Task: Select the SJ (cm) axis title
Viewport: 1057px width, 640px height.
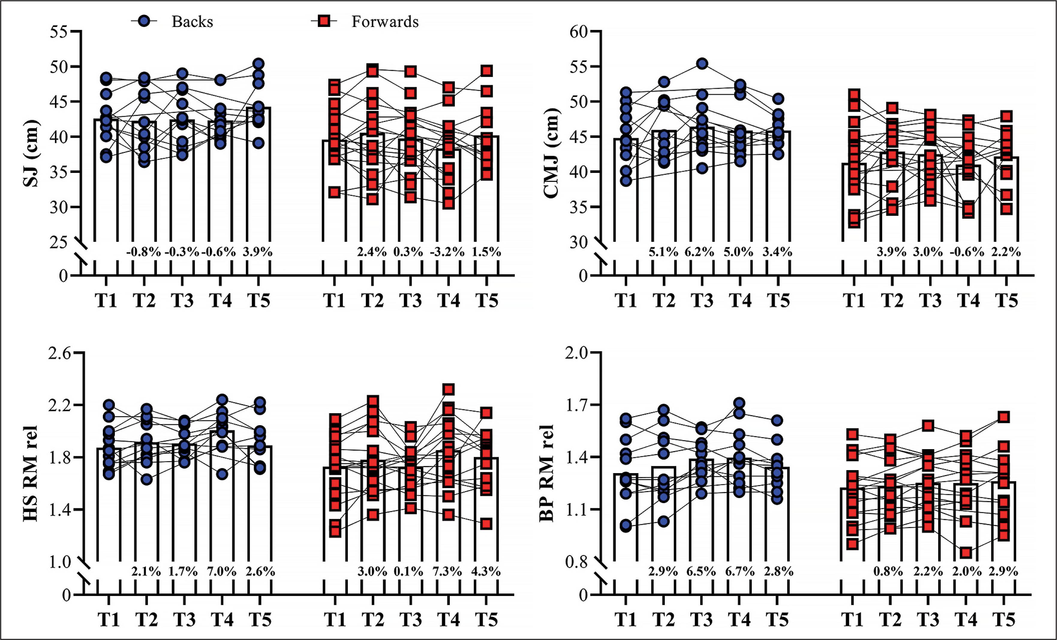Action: (31, 153)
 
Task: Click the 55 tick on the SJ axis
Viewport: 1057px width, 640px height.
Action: (59, 32)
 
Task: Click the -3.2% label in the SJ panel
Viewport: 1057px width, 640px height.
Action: (447, 252)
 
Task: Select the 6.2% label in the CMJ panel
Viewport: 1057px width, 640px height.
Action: (700, 252)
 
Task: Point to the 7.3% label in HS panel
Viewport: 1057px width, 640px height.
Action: (447, 571)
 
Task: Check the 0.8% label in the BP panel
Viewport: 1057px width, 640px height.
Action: (888, 571)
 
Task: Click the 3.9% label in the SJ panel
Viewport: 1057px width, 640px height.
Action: (257, 252)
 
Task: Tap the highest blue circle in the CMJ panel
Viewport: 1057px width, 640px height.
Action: (702, 64)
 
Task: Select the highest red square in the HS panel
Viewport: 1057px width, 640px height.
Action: (449, 390)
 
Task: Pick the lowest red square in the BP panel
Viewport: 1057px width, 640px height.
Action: (966, 553)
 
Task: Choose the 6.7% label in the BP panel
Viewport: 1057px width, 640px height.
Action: (739, 571)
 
